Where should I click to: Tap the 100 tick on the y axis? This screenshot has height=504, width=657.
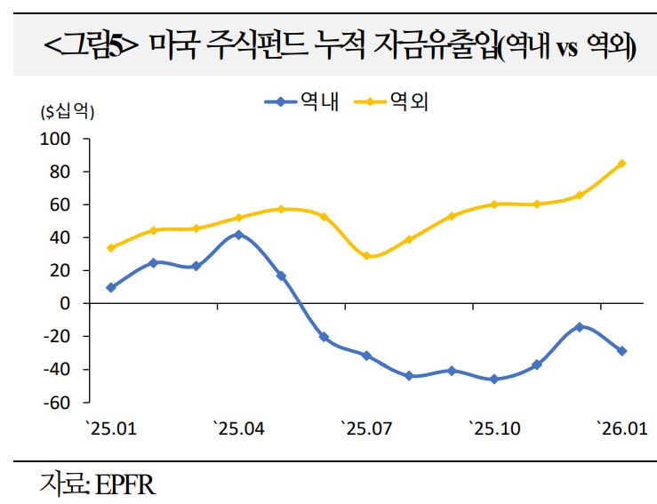pos(55,139)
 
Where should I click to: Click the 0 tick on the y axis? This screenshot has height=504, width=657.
pos(64,303)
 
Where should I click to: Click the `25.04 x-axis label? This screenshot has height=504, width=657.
pos(238,429)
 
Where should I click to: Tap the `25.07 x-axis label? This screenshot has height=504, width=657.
pos(365,429)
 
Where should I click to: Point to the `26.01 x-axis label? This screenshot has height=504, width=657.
pos(621,429)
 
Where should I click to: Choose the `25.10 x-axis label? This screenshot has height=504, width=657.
pos(493,429)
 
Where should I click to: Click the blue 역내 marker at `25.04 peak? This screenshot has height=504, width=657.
pos(238,235)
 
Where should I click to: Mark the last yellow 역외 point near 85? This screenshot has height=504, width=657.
pos(621,164)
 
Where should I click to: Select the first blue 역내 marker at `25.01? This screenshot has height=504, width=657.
pos(110,287)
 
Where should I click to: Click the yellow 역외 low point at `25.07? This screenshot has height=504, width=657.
pos(366,256)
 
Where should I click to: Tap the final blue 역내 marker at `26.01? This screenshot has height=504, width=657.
pos(621,351)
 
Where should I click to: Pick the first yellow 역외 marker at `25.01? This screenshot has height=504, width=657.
pos(110,248)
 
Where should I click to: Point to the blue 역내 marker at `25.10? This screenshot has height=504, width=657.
pos(493,379)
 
